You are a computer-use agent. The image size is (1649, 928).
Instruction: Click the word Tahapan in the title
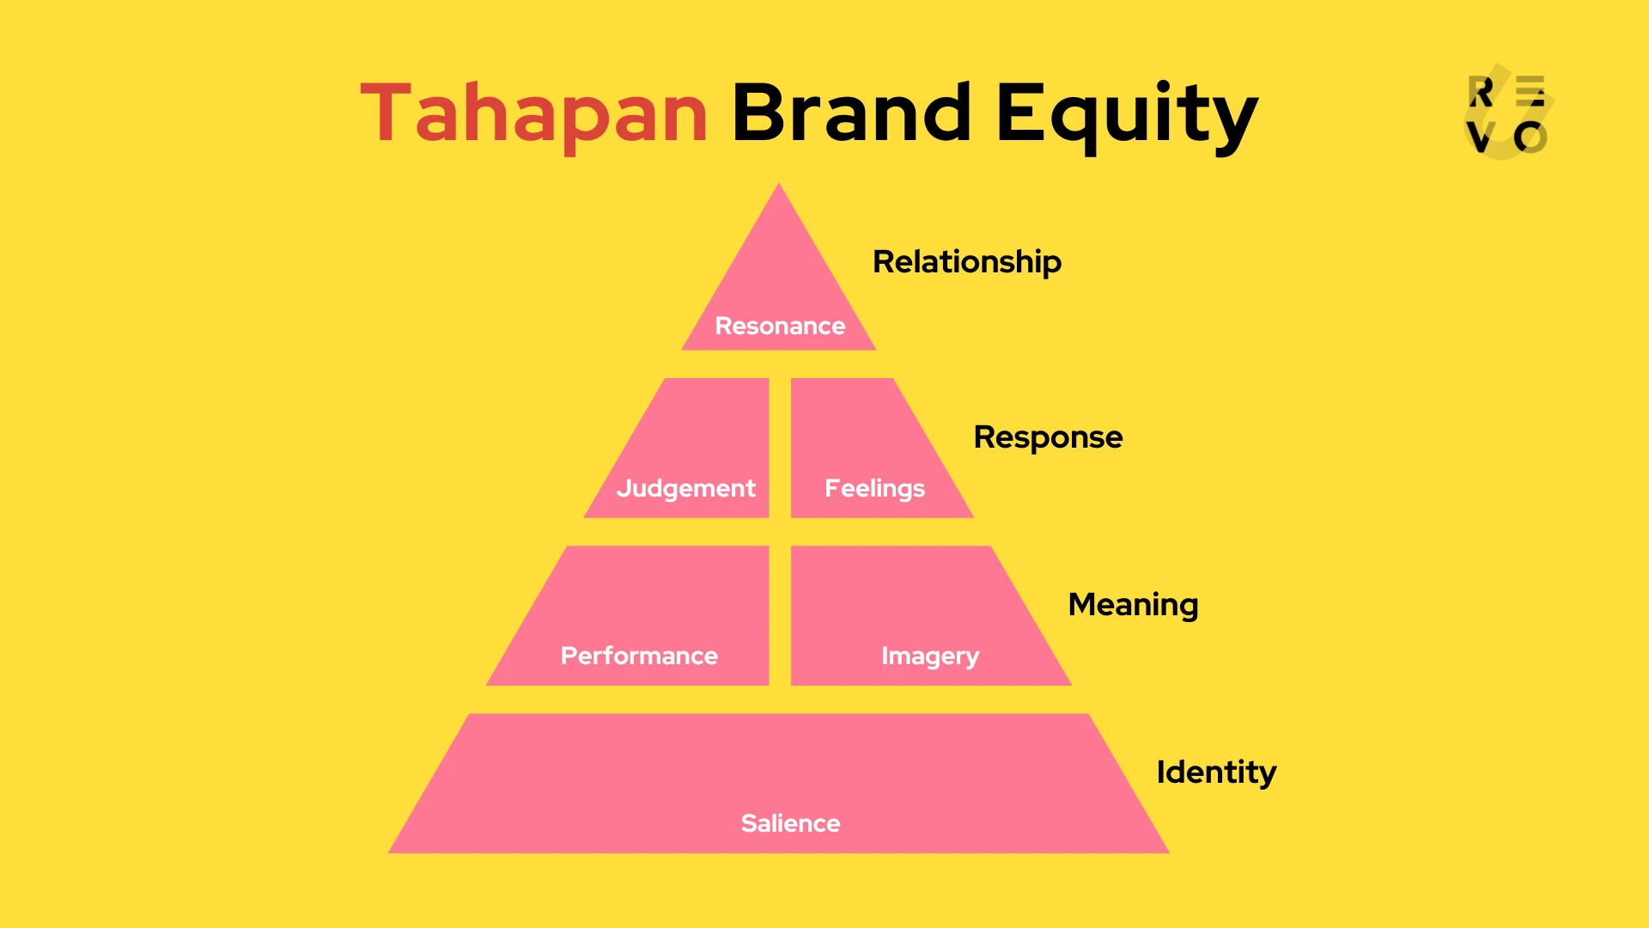pyautogui.click(x=533, y=113)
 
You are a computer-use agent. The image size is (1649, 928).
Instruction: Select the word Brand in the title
pyautogui.click(x=851, y=113)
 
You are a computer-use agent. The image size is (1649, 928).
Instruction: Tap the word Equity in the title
pyautogui.click(x=1126, y=114)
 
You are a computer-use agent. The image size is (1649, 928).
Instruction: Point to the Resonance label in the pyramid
pyautogui.click(x=780, y=326)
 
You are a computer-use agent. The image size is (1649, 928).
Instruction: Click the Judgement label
pyautogui.click(x=685, y=488)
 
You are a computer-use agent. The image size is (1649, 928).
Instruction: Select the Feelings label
pyautogui.click(x=874, y=488)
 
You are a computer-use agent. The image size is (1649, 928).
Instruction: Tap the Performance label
pyautogui.click(x=639, y=656)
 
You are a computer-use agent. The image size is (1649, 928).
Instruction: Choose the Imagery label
pyautogui.click(x=930, y=656)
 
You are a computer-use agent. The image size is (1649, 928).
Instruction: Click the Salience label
pyautogui.click(x=790, y=823)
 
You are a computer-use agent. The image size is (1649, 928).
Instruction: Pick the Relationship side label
pyautogui.click(x=967, y=262)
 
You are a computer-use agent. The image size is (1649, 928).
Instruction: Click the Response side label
pyautogui.click(x=1048, y=437)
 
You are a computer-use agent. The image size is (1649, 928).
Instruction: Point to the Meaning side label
pyautogui.click(x=1133, y=605)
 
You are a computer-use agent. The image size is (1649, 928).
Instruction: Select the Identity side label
pyautogui.click(x=1216, y=772)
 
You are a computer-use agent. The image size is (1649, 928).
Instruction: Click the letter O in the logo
pyautogui.click(x=1530, y=137)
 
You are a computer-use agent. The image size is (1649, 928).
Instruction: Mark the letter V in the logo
pyautogui.click(x=1481, y=137)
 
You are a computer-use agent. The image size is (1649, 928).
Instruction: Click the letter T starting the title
pyautogui.click(x=386, y=113)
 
